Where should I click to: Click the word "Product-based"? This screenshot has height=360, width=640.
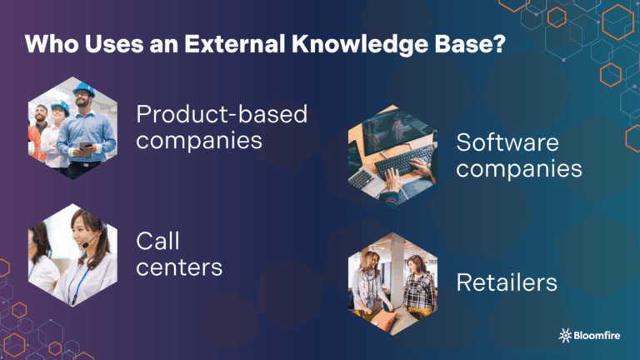coord(222,114)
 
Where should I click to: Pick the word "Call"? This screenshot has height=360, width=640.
coord(159,241)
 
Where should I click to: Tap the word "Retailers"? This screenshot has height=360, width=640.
coord(507,282)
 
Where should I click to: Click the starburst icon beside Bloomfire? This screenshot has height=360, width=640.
coord(565,335)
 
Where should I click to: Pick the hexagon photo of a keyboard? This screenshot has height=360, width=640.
coord(392,155)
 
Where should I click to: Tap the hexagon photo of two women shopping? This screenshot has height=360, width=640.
coord(392,282)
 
